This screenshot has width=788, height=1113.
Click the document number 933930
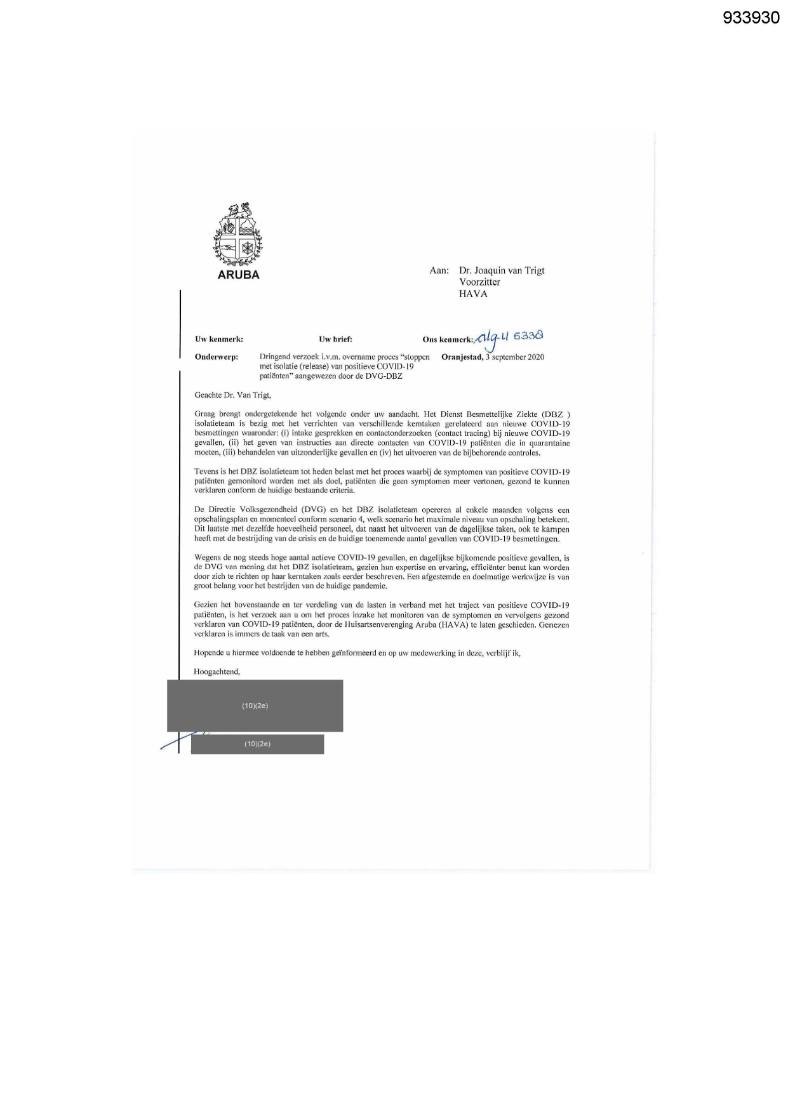tap(751, 18)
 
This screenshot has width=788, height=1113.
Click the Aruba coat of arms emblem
tap(237, 235)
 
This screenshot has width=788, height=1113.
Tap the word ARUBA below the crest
tap(238, 275)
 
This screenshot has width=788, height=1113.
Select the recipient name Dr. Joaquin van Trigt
tap(502, 270)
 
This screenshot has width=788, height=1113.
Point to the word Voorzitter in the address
tap(479, 282)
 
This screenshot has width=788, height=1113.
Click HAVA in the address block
tap(473, 294)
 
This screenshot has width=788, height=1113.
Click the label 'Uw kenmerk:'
tap(219, 339)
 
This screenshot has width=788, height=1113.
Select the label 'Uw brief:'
tap(335, 339)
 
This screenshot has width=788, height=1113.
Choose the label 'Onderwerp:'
tap(217, 357)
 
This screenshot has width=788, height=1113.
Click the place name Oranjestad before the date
tap(462, 357)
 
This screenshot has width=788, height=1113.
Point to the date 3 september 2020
tap(515, 357)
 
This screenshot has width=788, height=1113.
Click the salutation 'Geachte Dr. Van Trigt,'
tap(232, 395)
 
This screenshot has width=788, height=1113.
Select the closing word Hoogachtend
tap(217, 671)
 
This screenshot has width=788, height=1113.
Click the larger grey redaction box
tap(255, 706)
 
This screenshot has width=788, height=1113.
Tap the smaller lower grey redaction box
tap(257, 744)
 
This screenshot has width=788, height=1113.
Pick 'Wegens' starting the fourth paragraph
tap(207, 558)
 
